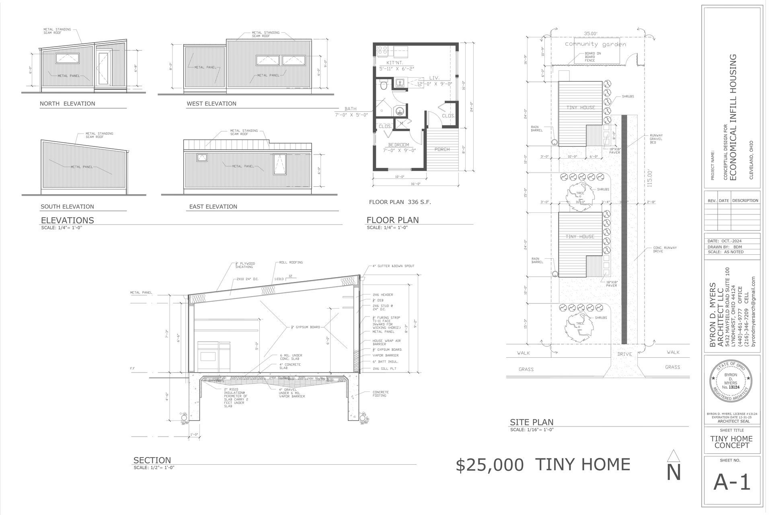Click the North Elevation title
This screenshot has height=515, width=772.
point(67,104)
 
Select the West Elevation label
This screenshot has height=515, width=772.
point(211,104)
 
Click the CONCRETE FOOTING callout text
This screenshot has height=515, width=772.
point(380,393)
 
